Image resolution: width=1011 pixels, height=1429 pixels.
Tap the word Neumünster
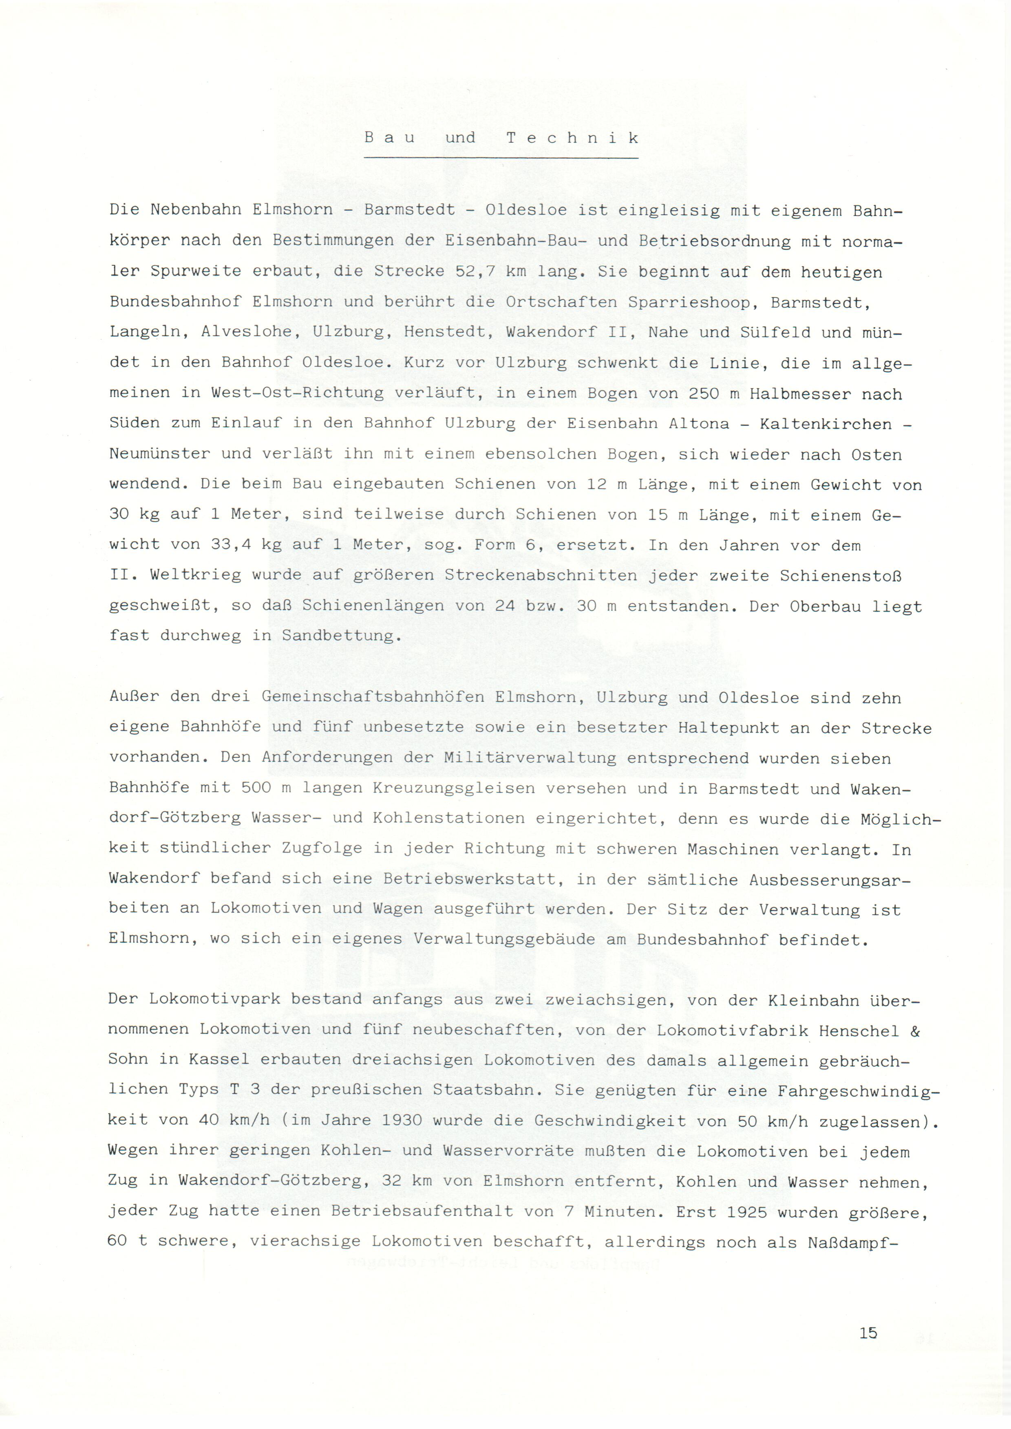[x=160, y=454]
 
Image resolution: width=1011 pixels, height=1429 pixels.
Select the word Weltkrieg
[x=196, y=575]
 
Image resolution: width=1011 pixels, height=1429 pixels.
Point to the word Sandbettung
[x=338, y=636]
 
